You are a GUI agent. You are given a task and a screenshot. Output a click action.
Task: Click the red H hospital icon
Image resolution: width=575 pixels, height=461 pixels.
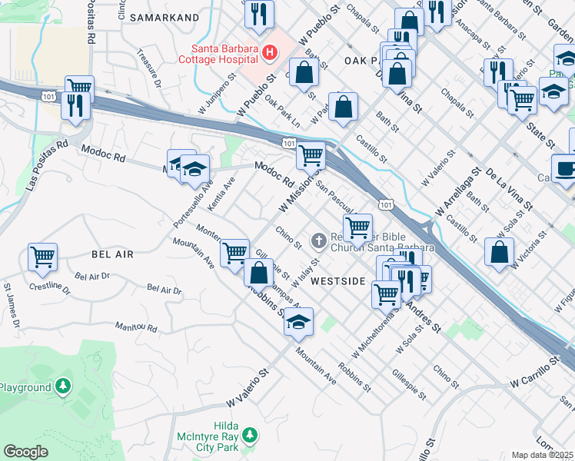[x=269, y=53]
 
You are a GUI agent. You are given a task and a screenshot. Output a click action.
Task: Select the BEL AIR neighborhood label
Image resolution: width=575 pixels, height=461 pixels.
[x=112, y=254]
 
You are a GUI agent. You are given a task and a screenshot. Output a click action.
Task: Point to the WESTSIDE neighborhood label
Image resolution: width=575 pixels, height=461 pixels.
[x=337, y=281]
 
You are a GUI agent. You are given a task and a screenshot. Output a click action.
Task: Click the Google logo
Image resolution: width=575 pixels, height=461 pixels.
[x=25, y=452]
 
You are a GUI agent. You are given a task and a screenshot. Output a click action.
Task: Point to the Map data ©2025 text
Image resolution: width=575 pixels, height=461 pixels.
[x=543, y=455]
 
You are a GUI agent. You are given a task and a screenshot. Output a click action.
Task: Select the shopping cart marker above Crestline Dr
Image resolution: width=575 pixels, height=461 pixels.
[x=42, y=256]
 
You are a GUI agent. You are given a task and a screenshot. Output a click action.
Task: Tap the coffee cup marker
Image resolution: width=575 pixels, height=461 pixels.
[x=565, y=168]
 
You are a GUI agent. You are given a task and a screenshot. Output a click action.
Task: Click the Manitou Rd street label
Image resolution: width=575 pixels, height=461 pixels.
[x=136, y=327]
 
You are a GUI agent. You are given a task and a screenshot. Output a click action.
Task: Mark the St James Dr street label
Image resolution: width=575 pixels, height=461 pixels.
[x=11, y=307]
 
